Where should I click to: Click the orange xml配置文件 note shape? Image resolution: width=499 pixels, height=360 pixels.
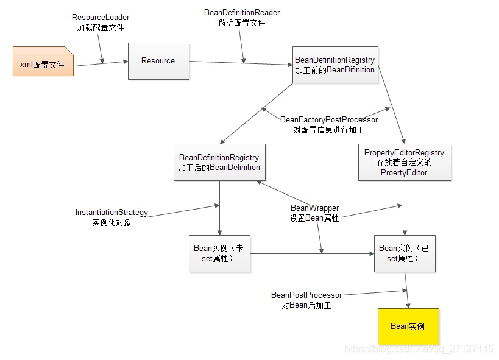click(43, 61)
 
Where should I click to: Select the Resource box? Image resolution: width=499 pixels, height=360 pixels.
click(158, 61)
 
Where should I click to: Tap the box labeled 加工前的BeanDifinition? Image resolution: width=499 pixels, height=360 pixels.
click(336, 65)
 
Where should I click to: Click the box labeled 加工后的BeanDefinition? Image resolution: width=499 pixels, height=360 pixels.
click(219, 162)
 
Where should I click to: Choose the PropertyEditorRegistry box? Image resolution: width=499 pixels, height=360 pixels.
click(405, 162)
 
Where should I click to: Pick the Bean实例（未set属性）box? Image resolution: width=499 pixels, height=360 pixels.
click(219, 253)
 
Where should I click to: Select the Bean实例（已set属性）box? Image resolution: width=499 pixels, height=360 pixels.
click(405, 253)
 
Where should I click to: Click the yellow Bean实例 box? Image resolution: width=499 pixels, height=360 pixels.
click(408, 326)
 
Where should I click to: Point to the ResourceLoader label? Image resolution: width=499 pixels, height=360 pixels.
click(101, 17)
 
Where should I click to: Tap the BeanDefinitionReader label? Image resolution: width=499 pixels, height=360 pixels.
click(242, 12)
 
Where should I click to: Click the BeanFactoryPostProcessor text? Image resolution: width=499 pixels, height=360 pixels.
click(329, 119)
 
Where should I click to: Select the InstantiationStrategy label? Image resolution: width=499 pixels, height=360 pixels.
click(111, 213)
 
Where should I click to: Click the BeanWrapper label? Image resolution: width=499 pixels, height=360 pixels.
click(315, 208)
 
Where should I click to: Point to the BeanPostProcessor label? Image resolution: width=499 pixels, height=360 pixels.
click(306, 295)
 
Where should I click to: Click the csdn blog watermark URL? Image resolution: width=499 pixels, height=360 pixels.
click(419, 349)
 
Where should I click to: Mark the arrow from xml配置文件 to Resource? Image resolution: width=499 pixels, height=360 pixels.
click(101, 64)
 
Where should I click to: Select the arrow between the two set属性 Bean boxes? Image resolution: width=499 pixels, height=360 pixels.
click(312, 253)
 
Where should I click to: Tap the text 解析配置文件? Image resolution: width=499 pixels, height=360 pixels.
click(242, 23)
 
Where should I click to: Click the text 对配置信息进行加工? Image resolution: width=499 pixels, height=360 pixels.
click(328, 130)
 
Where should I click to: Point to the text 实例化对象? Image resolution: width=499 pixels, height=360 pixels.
click(111, 222)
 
